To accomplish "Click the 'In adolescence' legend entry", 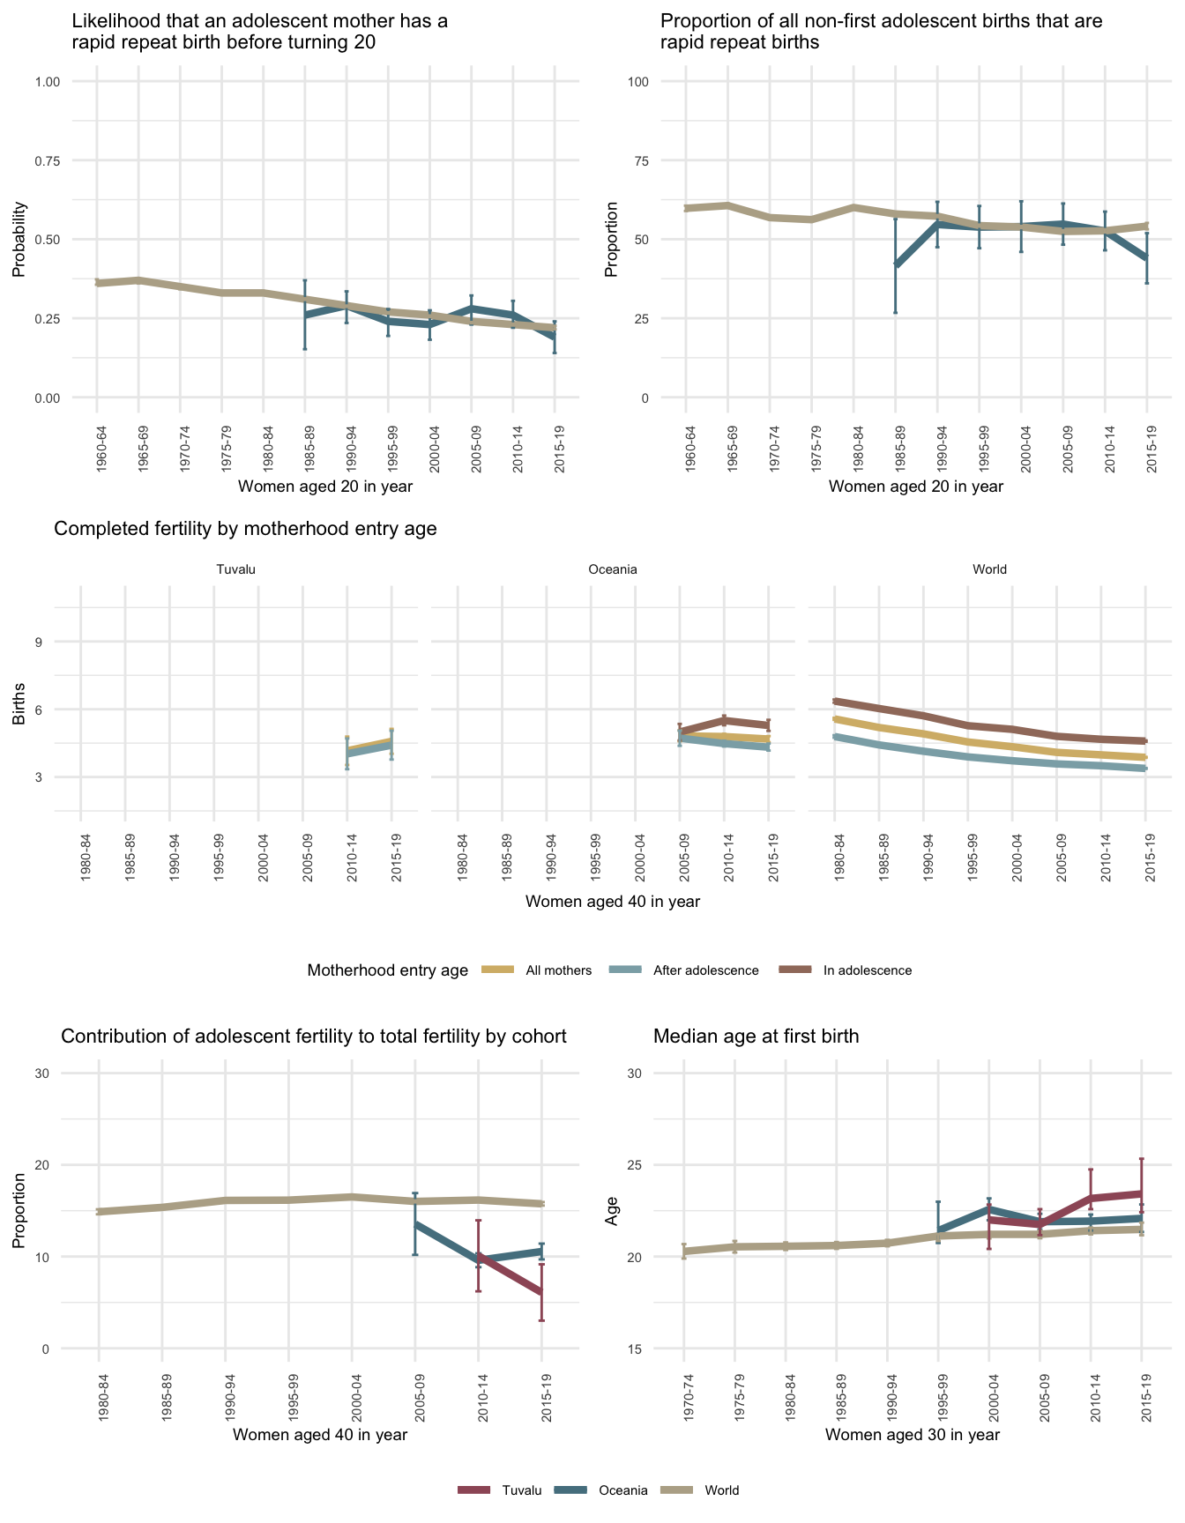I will click(x=867, y=970).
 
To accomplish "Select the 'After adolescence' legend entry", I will click(x=705, y=970).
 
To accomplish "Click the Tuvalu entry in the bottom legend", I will click(x=521, y=1490).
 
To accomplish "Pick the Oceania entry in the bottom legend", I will click(x=622, y=1490).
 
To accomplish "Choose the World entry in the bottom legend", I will click(x=721, y=1490).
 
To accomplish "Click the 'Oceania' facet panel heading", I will click(x=612, y=569).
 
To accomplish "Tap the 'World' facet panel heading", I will click(x=989, y=569).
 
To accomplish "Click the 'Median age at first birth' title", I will click(x=756, y=1036).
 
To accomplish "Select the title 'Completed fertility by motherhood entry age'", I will click(x=245, y=529).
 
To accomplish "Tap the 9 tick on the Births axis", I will click(x=39, y=642).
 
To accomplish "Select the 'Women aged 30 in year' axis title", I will click(x=912, y=1434).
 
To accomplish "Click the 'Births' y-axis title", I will click(x=19, y=704).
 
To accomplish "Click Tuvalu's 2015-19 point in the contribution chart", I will click(x=541, y=1292).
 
